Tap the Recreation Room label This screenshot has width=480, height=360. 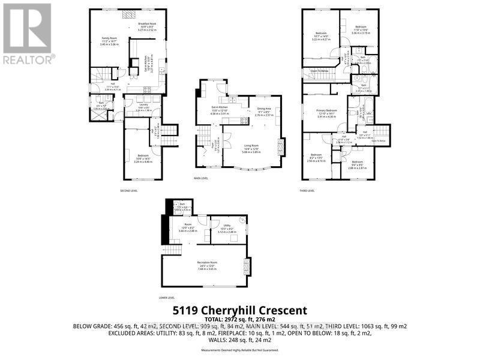pyautogui.click(x=206, y=263)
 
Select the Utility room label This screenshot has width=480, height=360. pyautogui.click(x=228, y=227)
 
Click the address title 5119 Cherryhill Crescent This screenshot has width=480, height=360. pyautogui.click(x=239, y=310)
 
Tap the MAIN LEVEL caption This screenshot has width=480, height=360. pyautogui.click(x=200, y=178)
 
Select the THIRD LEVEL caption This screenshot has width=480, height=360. pyautogui.click(x=307, y=190)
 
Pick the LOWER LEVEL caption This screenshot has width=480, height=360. pyautogui.click(x=166, y=297)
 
